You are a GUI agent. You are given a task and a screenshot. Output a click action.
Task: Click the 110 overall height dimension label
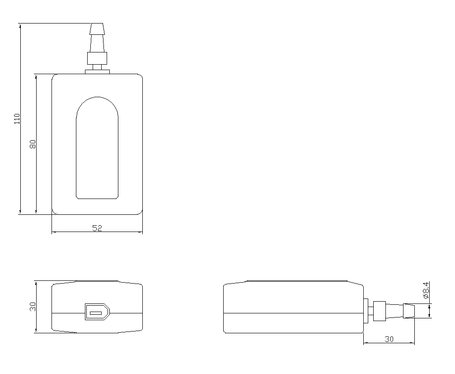point(18,119)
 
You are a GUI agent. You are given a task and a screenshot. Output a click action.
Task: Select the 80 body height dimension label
point(33,144)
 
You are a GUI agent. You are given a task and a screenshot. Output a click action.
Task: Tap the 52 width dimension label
point(97,228)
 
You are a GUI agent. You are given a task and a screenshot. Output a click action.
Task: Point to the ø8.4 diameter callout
point(426,290)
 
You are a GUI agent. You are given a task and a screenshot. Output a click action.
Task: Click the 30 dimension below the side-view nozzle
point(389,339)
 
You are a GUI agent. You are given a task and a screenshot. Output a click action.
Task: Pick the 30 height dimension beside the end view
point(33,307)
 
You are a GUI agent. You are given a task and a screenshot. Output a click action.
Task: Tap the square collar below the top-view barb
point(97,58)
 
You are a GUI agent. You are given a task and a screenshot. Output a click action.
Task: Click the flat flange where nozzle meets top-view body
point(97,72)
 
